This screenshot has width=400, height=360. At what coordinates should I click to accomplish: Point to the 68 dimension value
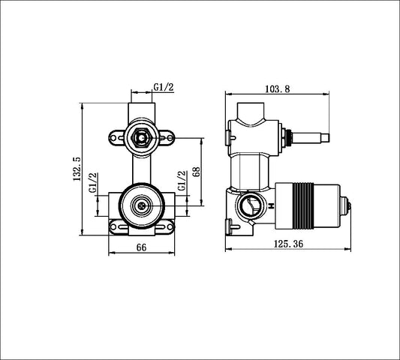pos(196,171)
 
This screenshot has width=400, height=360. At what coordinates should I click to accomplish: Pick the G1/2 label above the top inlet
pos(164,88)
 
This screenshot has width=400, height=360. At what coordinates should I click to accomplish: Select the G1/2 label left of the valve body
pos(92,184)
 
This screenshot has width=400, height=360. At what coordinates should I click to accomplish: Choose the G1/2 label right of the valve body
pos(181,184)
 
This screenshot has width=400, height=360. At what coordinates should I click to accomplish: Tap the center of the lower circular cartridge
pos(140,205)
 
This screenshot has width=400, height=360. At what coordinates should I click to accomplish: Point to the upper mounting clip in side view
pos(227,135)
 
